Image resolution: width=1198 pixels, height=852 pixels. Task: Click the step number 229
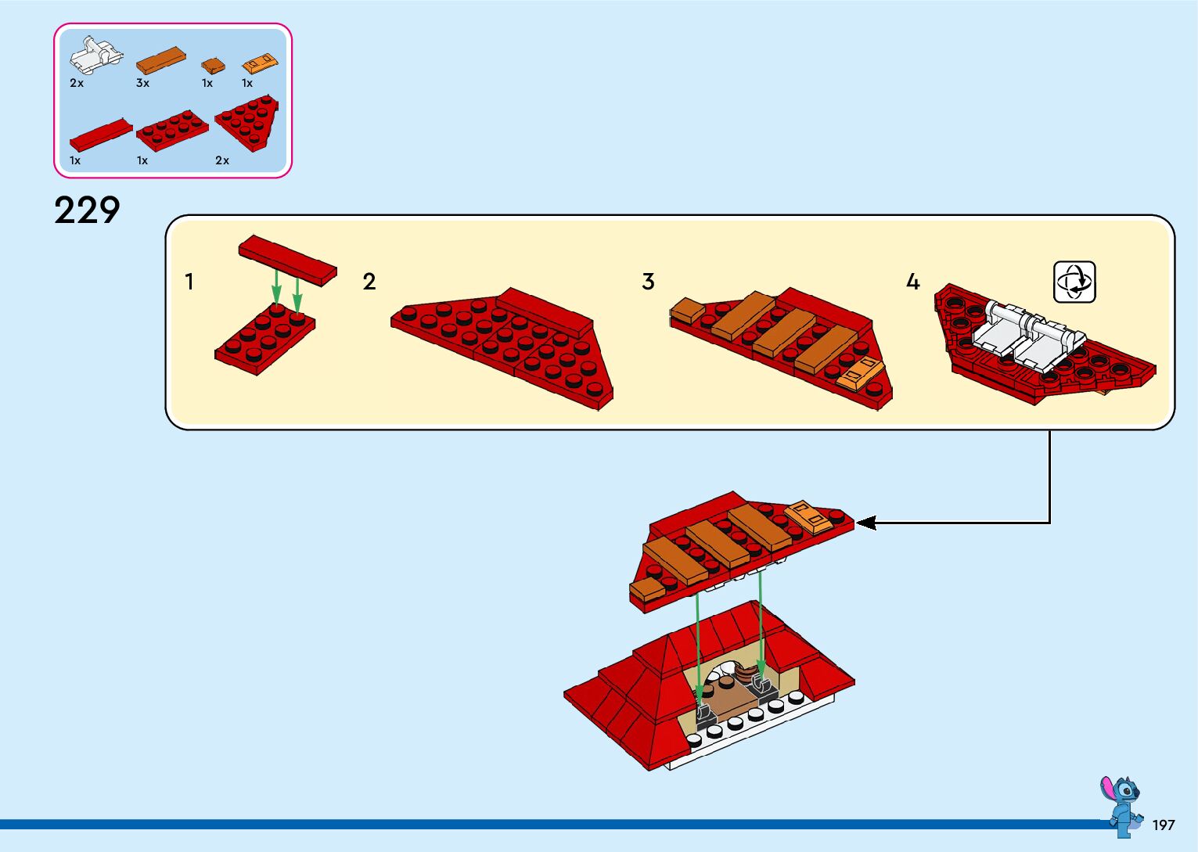coord(87,210)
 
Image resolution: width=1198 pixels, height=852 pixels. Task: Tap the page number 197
coord(1164,825)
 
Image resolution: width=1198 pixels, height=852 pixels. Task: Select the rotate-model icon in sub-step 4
coord(1074,282)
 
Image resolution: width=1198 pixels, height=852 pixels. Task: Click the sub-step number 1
coord(189,281)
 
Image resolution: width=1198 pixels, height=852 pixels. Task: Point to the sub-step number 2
coord(369,281)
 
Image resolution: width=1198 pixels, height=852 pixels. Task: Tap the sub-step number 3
coord(648,281)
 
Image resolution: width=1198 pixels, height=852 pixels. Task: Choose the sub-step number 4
coord(912,281)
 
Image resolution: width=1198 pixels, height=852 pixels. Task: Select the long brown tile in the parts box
coord(161,60)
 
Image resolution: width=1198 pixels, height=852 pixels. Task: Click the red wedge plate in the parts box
coord(248,122)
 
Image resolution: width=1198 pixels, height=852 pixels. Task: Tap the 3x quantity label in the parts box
coord(142,83)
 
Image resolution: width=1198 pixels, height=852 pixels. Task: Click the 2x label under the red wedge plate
coord(222,160)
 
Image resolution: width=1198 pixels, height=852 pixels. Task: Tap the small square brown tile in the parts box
coord(213,66)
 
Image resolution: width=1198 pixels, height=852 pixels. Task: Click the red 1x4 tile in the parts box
coord(101,135)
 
